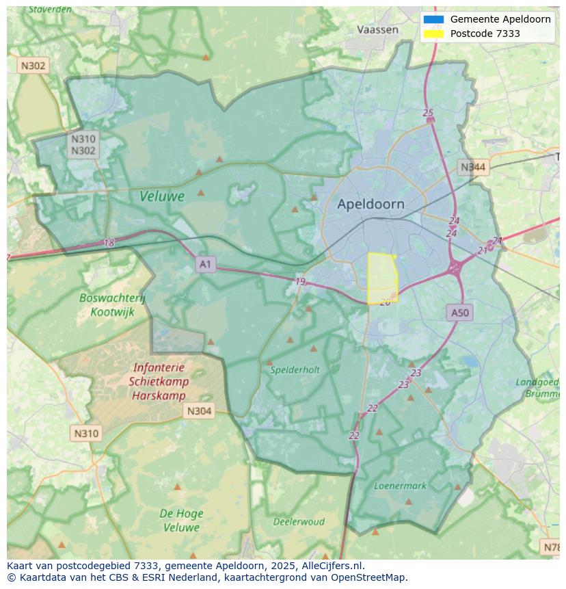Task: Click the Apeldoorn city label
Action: tap(370, 204)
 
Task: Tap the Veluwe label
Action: tap(162, 196)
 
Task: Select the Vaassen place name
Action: tap(377, 29)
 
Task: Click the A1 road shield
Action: tap(206, 264)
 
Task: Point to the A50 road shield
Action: tap(460, 313)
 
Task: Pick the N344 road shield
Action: tap(473, 167)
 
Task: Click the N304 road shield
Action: tap(199, 410)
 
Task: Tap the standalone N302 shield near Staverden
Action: tap(33, 66)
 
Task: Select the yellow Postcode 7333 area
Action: tap(382, 277)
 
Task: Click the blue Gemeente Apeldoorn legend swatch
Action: tap(433, 20)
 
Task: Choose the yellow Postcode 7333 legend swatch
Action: tap(433, 34)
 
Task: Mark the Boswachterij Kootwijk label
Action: tap(112, 304)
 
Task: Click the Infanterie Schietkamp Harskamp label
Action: tap(159, 382)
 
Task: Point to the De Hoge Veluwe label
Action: tap(180, 520)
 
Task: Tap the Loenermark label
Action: tap(400, 486)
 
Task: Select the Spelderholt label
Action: tap(295, 369)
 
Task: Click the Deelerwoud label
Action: tap(299, 521)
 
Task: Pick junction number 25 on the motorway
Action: tap(428, 113)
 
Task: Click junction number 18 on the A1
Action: tap(109, 242)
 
